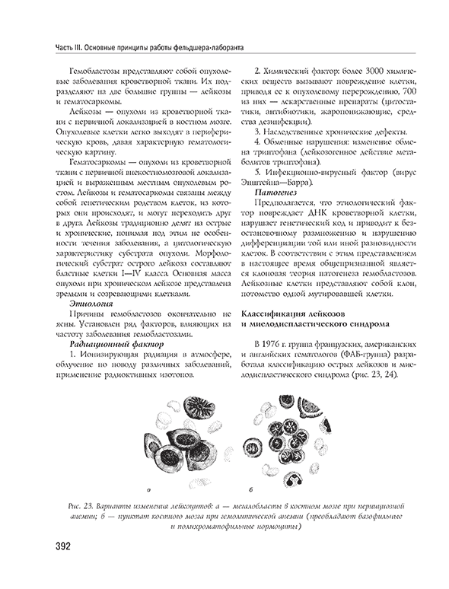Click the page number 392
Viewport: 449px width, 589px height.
pos(59,547)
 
